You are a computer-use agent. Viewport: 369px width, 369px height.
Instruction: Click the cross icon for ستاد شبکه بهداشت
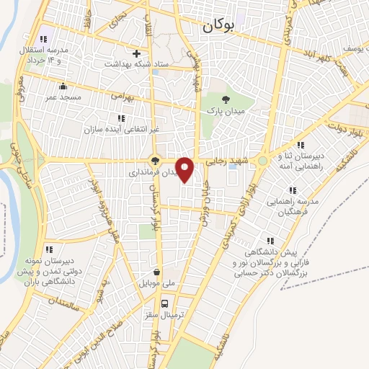[136, 53]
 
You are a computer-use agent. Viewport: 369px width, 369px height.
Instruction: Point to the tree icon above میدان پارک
[226, 100]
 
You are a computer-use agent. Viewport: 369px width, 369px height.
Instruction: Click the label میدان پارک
[226, 112]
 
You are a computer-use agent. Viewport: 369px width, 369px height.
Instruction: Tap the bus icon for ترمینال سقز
[165, 303]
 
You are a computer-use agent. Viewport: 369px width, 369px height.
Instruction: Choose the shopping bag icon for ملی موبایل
[157, 272]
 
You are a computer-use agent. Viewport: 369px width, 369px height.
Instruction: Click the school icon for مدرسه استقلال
[44, 38]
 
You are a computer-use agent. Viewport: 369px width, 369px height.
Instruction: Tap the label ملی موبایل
[157, 284]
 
